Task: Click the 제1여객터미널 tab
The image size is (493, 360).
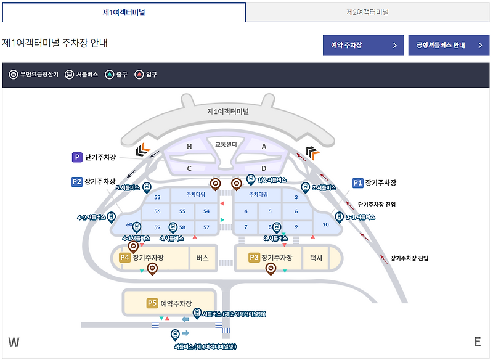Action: (x=123, y=12)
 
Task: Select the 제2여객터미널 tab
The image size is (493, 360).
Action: (x=367, y=12)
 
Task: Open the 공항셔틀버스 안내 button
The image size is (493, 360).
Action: (x=448, y=45)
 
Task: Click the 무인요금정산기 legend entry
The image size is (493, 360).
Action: (x=34, y=74)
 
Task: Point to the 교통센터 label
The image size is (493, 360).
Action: (x=226, y=144)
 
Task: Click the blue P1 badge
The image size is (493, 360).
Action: (x=358, y=182)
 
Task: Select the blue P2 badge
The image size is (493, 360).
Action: (x=77, y=182)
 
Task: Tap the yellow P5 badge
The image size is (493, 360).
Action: (x=152, y=303)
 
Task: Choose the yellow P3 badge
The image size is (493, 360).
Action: (x=254, y=258)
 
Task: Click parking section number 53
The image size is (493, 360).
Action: (x=157, y=197)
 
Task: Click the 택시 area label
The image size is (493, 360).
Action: (x=316, y=258)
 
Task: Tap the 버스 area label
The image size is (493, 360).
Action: (x=203, y=258)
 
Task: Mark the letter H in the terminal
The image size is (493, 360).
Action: (x=190, y=146)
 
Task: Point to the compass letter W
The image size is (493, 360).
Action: (x=14, y=343)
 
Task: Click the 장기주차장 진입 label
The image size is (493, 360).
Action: (x=409, y=258)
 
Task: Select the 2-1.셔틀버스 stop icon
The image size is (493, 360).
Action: (x=339, y=216)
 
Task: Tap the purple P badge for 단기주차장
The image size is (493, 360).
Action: (x=77, y=157)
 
